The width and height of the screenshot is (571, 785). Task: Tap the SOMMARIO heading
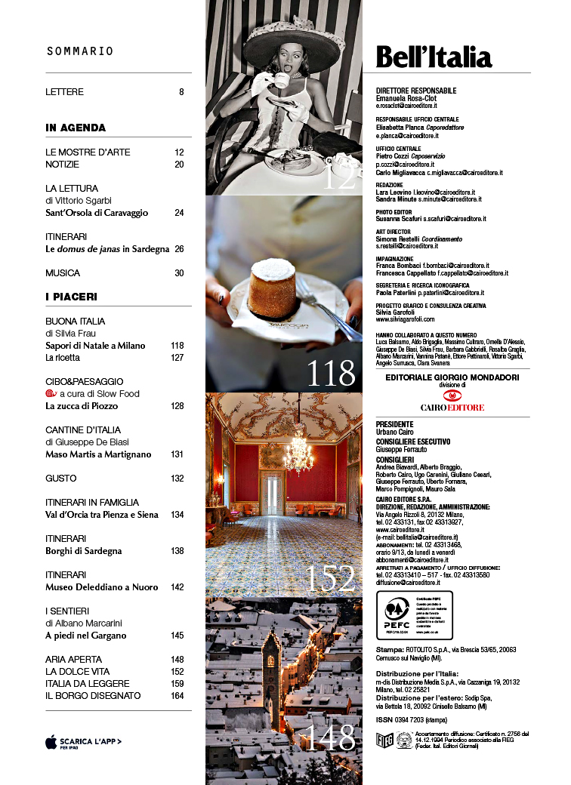[x=80, y=51]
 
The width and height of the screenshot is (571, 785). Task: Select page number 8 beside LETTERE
[x=181, y=92]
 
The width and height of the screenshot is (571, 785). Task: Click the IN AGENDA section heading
[x=76, y=128]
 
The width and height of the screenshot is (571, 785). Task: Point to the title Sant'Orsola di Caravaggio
[x=97, y=213]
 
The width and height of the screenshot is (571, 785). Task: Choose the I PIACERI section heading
[x=71, y=297]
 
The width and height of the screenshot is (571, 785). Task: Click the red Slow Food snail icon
[x=51, y=393]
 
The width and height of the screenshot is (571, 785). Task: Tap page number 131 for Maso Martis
[x=177, y=454]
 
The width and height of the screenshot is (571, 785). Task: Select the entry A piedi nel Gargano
[x=85, y=636]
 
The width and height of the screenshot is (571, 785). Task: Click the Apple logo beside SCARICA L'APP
[x=51, y=742]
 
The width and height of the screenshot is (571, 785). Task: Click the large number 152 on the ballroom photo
[x=330, y=579]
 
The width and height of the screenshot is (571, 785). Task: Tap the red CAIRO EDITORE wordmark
[x=452, y=407]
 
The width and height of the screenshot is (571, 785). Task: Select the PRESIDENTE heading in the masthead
[x=394, y=424]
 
